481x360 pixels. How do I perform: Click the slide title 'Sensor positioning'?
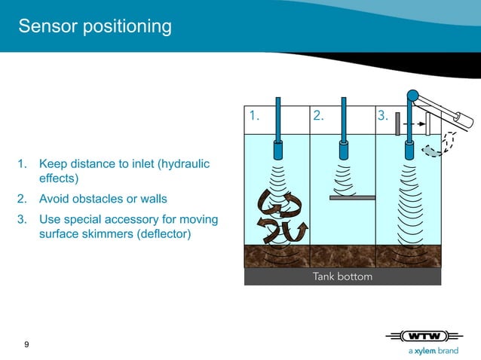pos(94,27)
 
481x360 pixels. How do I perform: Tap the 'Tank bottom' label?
pos(342,277)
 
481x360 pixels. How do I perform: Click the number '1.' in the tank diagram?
pos(255,116)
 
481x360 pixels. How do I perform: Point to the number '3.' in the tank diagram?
pos(382,116)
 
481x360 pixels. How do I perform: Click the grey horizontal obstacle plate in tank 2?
pos(352,197)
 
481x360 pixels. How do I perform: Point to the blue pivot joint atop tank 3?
pos(412,96)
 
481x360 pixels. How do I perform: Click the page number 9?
pos(27,345)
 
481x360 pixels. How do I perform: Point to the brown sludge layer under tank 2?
pos(342,256)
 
